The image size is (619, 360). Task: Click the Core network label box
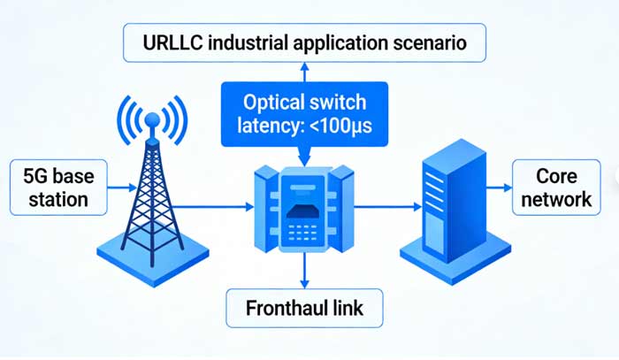point(555,186)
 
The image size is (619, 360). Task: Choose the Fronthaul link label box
point(303,310)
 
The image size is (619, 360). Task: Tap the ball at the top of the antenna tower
point(153,118)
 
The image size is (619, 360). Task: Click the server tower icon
point(450,199)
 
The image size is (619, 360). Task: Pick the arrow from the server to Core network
point(497,187)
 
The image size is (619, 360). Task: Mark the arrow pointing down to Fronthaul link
point(303,271)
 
